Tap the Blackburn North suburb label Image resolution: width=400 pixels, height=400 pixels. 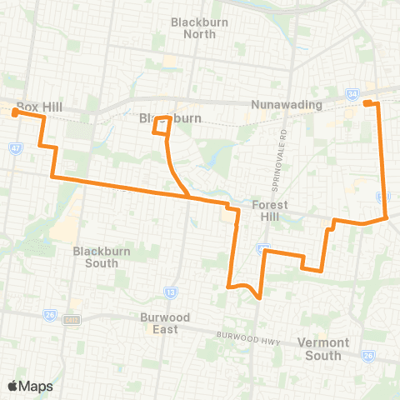[193, 27]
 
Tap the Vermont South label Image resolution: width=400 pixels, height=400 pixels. [319, 349]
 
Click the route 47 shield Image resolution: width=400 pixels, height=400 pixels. [16, 147]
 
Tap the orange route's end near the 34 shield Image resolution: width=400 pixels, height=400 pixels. [367, 102]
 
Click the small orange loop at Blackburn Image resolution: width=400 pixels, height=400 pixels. [161, 126]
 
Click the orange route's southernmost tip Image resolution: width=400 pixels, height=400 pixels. [260, 297]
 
